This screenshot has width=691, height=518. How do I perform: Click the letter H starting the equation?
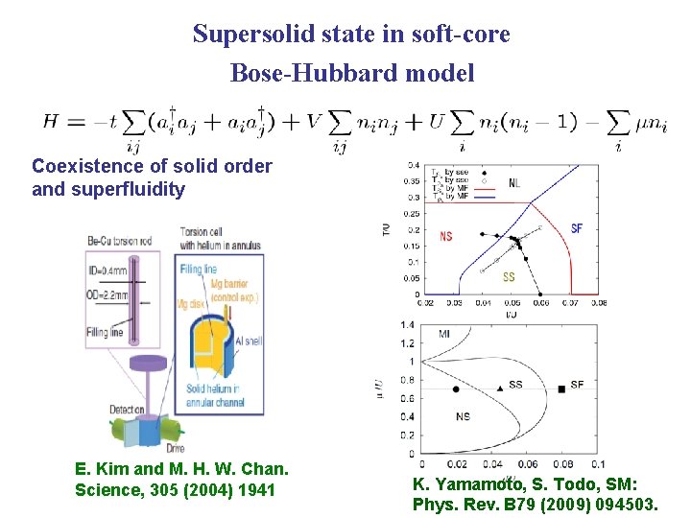click(52, 122)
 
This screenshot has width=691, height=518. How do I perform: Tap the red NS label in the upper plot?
click(445, 236)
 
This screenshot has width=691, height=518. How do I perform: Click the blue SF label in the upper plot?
click(576, 228)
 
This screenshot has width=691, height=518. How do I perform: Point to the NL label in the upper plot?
click(515, 182)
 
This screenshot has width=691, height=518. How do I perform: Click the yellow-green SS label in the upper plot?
click(509, 277)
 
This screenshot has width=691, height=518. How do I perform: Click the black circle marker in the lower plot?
click(456, 389)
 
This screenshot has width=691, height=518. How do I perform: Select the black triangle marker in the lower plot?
click(500, 387)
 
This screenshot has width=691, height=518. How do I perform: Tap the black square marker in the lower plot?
click(560, 388)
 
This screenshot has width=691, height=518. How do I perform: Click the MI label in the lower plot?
click(445, 333)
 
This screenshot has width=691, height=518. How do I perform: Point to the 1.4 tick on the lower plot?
click(407, 325)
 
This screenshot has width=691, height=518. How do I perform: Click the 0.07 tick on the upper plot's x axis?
click(568, 303)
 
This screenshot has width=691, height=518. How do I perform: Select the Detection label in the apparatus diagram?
click(128, 410)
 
